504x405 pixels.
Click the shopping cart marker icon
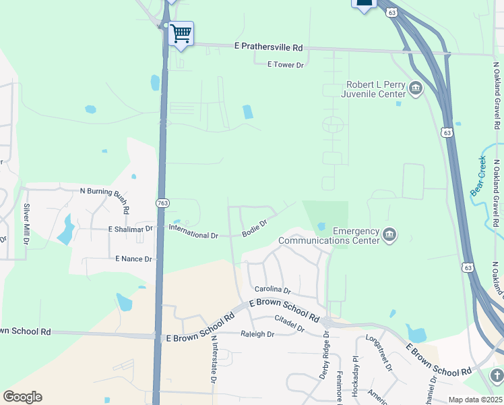(181, 33)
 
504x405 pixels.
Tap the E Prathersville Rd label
(269, 47)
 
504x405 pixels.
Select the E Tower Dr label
(286, 65)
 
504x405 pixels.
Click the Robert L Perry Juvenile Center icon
(416, 87)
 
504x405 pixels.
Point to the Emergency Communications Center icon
(389, 234)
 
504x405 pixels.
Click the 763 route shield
(162, 202)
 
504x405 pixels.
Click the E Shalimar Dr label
(131, 230)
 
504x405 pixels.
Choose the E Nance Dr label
(134, 259)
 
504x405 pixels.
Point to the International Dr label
(193, 233)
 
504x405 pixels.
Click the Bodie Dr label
(255, 228)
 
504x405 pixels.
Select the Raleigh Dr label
(257, 334)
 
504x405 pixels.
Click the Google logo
(22, 397)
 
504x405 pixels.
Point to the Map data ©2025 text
(474, 400)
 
